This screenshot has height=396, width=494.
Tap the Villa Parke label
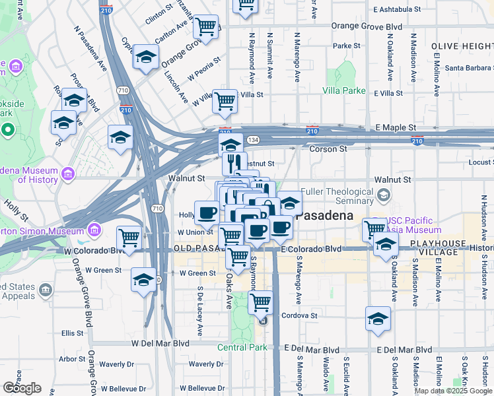tap(343, 90)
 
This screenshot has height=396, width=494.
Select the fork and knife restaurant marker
tap(234, 163)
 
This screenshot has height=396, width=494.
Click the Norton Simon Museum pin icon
tap(94, 230)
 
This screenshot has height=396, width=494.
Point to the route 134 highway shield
tap(253, 140)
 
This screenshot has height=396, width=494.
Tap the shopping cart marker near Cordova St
tap(261, 302)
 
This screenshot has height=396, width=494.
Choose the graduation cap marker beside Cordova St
tap(377, 319)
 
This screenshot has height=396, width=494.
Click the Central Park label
tap(242, 347)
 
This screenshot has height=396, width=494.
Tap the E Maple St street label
tap(395, 127)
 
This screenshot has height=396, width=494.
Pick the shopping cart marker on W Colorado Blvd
tap(129, 238)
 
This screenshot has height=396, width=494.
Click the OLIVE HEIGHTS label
tap(462, 46)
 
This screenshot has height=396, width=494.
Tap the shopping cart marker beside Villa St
tap(225, 100)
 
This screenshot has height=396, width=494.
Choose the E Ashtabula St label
tap(396, 10)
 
